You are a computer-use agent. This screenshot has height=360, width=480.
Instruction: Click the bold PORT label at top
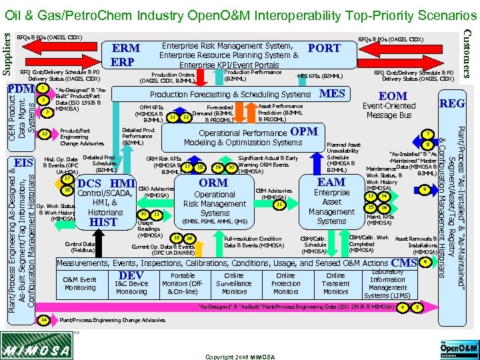pos(324,48)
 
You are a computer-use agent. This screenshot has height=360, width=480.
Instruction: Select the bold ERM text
pos(126,49)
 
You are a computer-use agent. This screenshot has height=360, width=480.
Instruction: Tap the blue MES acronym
pos(332,94)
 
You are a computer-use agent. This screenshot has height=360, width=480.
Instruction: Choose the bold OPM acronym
pos(304,131)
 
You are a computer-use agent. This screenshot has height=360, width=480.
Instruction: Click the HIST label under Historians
pos(103,222)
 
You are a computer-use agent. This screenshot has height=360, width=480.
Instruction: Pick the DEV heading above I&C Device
pos(131,274)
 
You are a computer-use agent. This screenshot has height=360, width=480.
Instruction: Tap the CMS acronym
pos(405,263)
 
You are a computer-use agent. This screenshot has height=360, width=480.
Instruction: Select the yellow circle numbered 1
pos(43,87)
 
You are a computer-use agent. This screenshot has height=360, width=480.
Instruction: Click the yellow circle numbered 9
pos(425,190)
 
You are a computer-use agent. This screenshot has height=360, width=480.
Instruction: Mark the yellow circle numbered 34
pos(44,319)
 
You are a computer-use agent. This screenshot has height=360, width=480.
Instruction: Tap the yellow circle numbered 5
pos(417,307)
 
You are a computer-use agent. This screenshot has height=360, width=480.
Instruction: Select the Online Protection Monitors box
pos(285,283)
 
